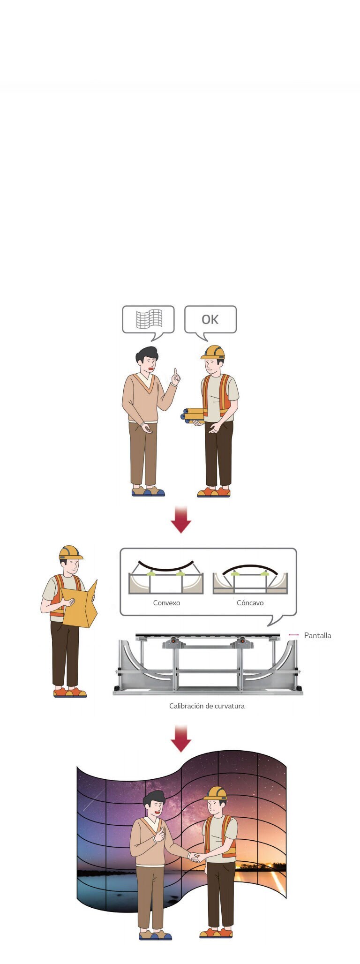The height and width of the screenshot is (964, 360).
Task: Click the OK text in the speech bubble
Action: coord(210,319)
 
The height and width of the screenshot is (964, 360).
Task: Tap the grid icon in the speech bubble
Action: coord(149,319)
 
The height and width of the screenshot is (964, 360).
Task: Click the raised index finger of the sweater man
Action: coord(176,373)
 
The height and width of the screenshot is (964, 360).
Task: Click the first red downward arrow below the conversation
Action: coord(181,519)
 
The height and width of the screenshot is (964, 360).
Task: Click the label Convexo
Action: coord(166,603)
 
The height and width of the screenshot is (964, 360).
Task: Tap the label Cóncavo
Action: coord(250,603)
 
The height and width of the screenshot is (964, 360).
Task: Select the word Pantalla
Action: coord(317,636)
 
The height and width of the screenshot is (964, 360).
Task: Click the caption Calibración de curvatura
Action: coord(207,706)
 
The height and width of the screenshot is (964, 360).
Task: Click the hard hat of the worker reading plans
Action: coord(70,552)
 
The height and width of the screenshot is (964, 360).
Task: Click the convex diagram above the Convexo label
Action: coord(166,577)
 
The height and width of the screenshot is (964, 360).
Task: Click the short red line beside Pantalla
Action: coord(293,635)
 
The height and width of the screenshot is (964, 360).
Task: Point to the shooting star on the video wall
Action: coord(94,800)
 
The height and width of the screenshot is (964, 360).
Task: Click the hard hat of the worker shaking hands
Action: coord(216,793)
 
